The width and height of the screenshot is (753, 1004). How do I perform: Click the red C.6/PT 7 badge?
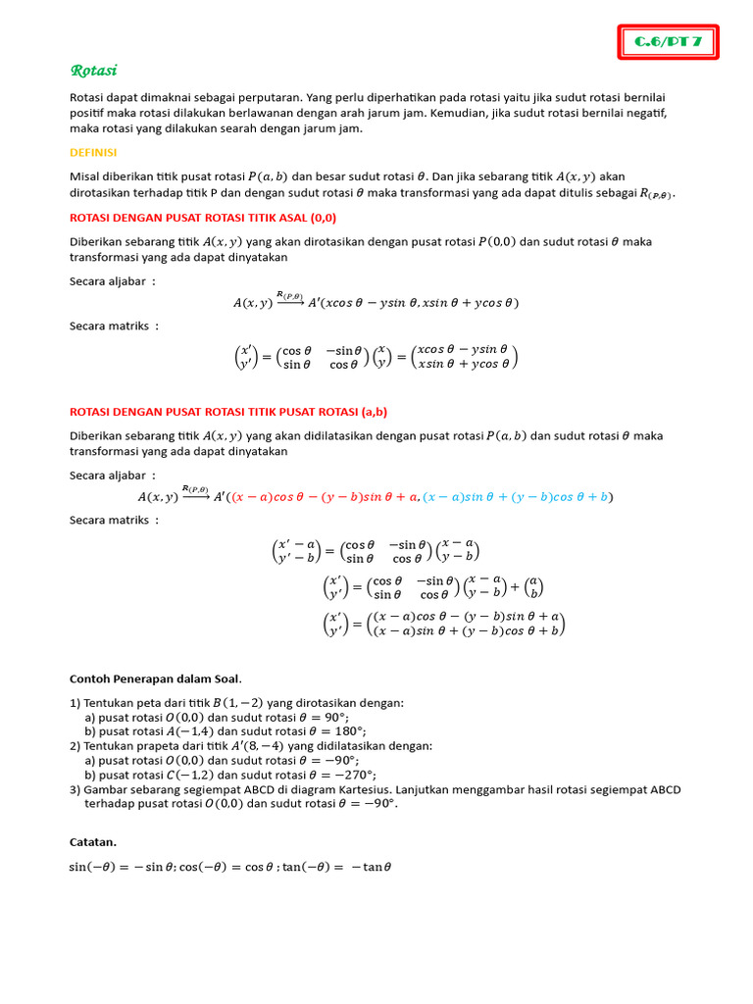click(669, 42)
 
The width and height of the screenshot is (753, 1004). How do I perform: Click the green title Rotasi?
click(94, 71)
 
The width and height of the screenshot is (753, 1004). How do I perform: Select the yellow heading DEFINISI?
click(93, 152)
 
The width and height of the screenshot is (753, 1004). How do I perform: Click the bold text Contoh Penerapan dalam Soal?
click(156, 678)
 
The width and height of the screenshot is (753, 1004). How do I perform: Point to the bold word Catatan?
click(93, 841)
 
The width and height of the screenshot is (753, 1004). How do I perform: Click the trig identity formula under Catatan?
click(230, 867)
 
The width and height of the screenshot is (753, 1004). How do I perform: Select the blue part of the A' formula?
click(518, 497)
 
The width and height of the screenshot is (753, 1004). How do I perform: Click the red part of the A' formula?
click(324, 497)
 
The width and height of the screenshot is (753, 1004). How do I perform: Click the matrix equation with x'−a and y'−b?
click(376, 551)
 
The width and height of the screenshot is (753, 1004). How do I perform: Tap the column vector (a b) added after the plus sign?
click(533, 587)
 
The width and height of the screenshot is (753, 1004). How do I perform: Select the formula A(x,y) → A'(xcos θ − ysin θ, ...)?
click(376, 302)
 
